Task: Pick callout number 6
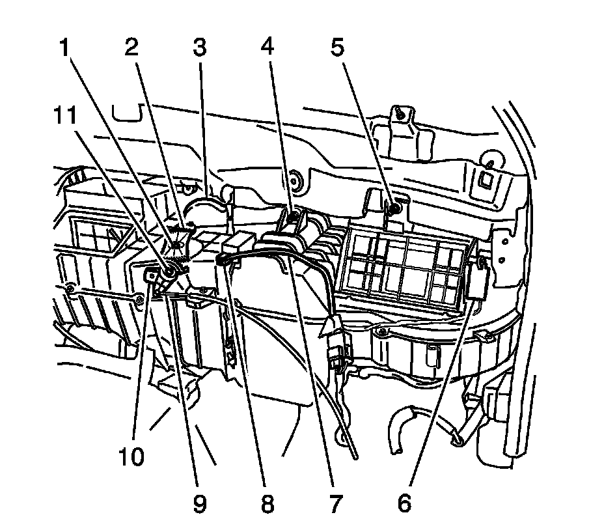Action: point(404,502)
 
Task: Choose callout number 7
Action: point(336,502)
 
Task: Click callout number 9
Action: point(199,502)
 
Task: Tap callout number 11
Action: point(65,117)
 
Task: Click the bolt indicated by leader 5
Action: point(394,209)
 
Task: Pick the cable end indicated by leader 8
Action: point(221,260)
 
